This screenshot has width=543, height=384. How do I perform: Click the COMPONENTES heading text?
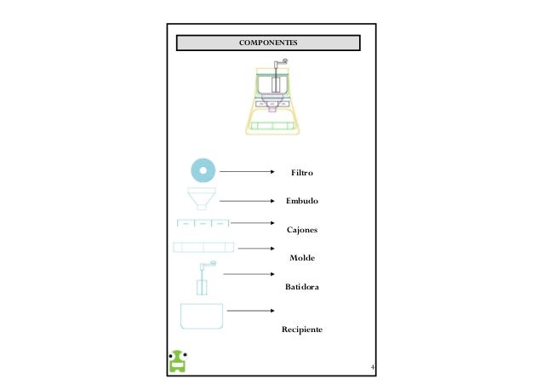click(x=268, y=43)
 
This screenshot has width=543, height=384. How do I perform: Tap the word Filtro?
click(x=302, y=174)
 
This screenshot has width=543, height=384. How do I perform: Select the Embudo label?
click(x=302, y=202)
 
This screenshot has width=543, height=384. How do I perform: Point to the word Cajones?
click(x=301, y=230)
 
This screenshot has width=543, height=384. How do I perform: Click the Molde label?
click(x=302, y=257)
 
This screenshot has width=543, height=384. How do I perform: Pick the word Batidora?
click(x=302, y=289)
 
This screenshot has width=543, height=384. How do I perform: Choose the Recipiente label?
click(x=302, y=329)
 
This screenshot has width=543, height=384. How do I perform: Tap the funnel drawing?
click(x=202, y=199)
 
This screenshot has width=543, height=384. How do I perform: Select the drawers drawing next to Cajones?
click(x=203, y=223)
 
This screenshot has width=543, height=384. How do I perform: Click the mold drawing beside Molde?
click(x=203, y=247)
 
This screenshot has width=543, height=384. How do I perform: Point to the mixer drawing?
click(x=204, y=278)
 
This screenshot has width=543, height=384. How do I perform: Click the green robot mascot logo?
click(x=179, y=361)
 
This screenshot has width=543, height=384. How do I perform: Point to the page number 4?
click(x=372, y=368)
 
